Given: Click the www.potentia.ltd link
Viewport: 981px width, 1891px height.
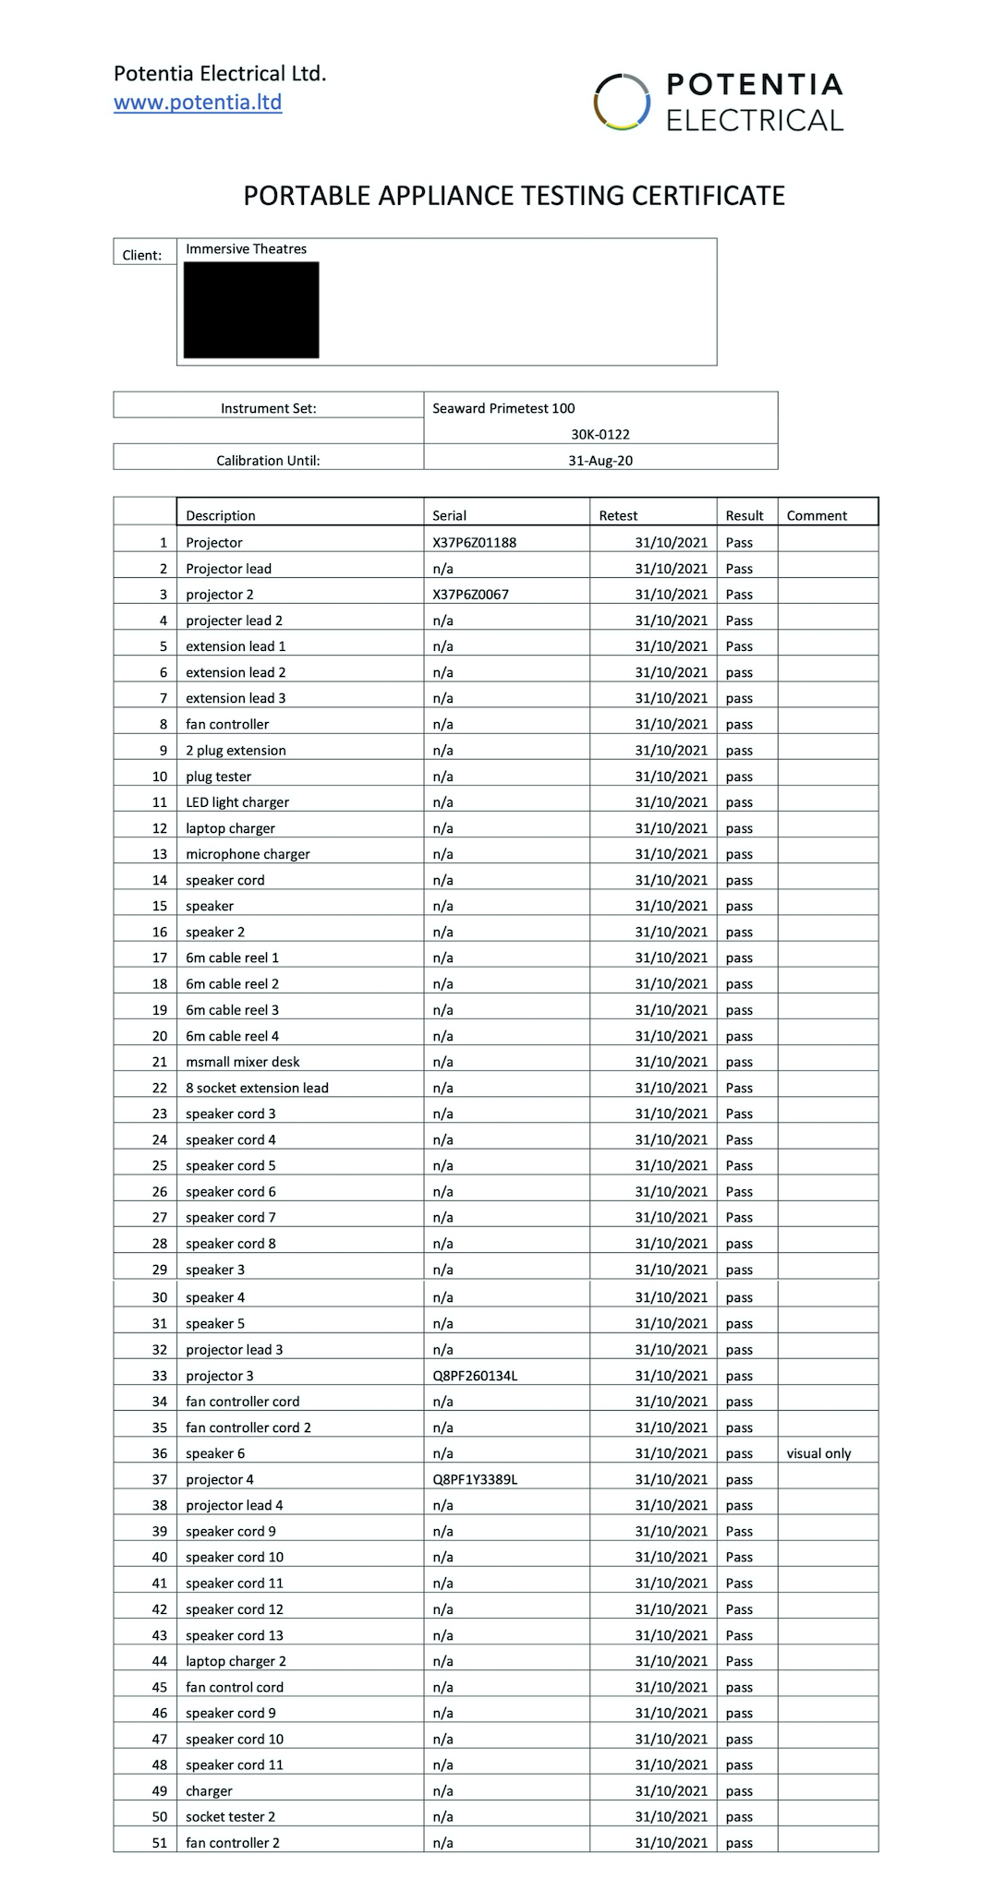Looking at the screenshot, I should pos(198,102).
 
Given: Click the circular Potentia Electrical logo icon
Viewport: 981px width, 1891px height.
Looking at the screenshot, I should pos(622,102).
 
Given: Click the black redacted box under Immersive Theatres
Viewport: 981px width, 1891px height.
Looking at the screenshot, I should pos(251,310).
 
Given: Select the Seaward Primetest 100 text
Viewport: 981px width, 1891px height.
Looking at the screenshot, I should pos(503,408).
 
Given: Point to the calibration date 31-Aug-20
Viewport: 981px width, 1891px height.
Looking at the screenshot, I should pos(600,461).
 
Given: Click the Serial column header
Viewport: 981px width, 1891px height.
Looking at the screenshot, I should pos(449,515).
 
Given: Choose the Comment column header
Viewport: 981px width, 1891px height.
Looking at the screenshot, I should pos(817,515).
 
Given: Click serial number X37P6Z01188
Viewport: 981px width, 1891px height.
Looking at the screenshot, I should pos(474,542).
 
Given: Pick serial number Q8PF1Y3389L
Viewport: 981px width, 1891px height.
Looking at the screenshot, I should pos(475,1479).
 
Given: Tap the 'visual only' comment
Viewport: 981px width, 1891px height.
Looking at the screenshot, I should pos(818,1453).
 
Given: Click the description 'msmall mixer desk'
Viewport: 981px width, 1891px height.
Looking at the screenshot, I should pos(242,1062).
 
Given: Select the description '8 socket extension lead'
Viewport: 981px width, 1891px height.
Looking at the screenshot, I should pos(257,1088).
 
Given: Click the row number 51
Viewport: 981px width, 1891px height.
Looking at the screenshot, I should pos(160,1843).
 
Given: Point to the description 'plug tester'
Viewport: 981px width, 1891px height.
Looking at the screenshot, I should pos(218,777).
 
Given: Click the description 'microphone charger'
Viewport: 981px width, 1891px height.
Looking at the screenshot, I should pos(248,854).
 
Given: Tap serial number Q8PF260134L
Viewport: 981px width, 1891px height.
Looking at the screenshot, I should pos(475,1376).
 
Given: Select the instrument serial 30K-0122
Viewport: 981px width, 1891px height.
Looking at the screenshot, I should pos(600,434).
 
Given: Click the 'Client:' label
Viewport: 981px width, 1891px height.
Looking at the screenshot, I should pos(142,255).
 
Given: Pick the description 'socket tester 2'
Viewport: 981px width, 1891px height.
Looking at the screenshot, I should pos(230,1817).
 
